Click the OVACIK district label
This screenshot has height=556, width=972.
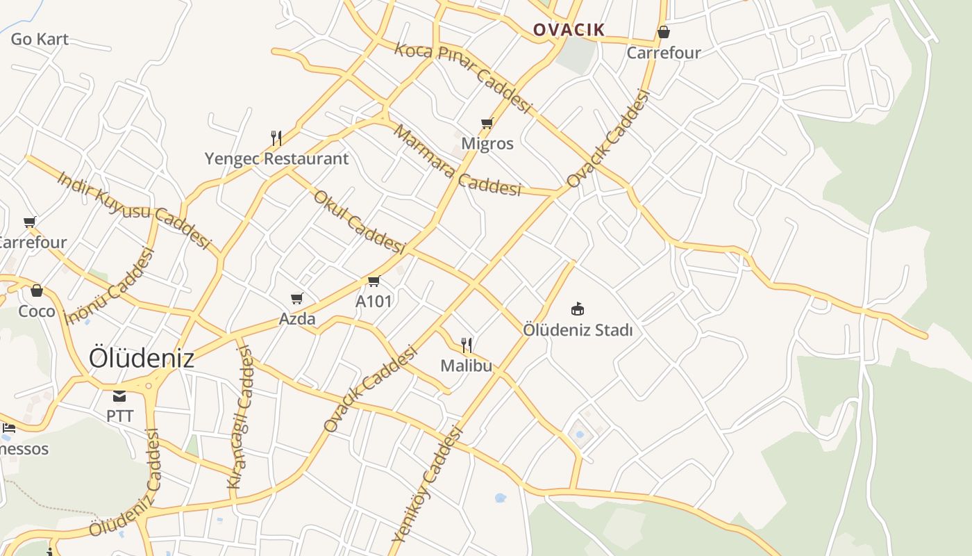[569, 29]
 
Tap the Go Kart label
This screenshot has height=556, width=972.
[40, 39]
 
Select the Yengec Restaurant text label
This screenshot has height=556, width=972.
[276, 158]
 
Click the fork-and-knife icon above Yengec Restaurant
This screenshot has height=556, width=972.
[276, 138]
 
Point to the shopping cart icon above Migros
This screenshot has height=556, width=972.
[487, 124]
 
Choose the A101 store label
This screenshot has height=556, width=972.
[374, 301]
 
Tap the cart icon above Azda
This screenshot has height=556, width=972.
[297, 298]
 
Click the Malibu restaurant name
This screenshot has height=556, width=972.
[466, 365]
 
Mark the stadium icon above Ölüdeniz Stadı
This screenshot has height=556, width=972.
[577, 308]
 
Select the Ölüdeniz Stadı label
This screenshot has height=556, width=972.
[578, 329]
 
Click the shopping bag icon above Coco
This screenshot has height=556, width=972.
[37, 291]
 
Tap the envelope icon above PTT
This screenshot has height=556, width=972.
[119, 396]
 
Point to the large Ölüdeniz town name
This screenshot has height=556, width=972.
[142, 358]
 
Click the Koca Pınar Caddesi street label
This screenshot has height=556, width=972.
[463, 77]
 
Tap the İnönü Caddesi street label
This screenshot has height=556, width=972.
[108, 286]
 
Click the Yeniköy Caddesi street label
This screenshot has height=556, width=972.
[427, 485]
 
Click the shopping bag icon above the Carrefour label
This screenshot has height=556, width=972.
[664, 32]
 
